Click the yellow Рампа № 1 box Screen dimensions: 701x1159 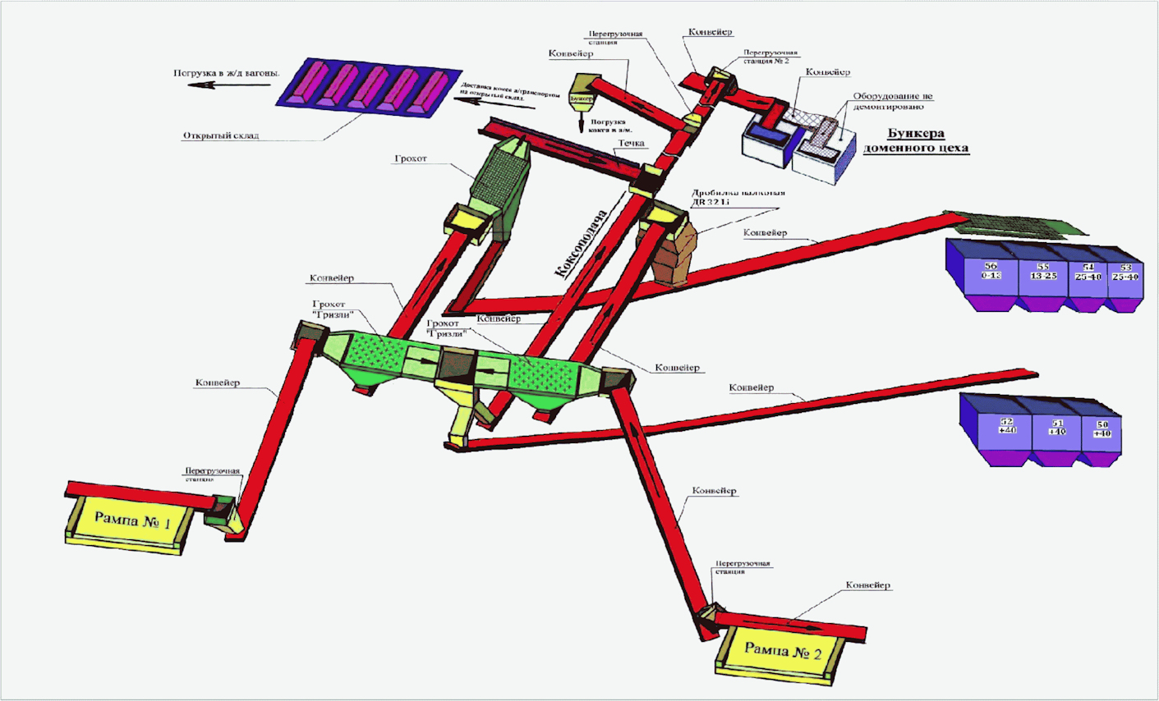coord(132,520)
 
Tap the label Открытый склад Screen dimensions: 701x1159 coord(220,135)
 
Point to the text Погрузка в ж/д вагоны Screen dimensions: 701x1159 coord(226,73)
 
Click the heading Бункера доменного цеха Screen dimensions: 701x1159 coord(915,141)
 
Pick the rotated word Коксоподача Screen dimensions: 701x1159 coord(580,244)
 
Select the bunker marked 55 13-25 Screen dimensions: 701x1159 coord(1042,273)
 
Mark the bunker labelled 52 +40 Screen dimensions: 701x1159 coord(1007,427)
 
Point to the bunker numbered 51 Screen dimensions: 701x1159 coord(1057,428)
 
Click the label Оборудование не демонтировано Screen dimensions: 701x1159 coord(892,101)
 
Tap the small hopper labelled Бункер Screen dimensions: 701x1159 coord(582,98)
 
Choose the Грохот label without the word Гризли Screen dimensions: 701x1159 coord(411,158)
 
